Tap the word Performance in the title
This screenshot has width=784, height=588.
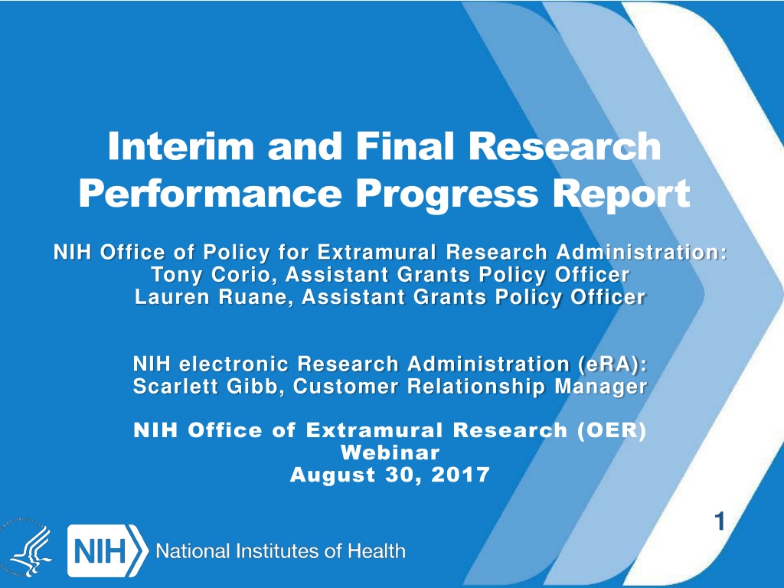tap(210, 194)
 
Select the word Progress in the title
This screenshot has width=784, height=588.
tap(447, 195)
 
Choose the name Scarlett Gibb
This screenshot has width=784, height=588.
tap(205, 387)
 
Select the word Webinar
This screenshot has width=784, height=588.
tap(390, 452)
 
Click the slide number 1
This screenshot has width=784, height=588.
tap(720, 522)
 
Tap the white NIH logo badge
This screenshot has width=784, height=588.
tap(107, 550)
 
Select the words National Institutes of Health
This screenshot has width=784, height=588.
tap(280, 551)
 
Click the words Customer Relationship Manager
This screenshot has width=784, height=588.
tap(470, 387)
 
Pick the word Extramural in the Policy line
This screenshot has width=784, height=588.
tap(377, 252)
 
